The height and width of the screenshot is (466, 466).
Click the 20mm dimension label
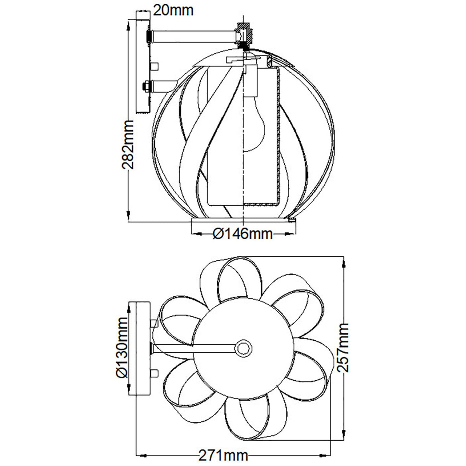(173, 10)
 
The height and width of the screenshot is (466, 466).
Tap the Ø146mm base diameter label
(243, 234)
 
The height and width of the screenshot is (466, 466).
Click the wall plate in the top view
(140, 348)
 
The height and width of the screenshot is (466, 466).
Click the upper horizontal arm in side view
(194, 37)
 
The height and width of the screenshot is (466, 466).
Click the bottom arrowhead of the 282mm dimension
(128, 216)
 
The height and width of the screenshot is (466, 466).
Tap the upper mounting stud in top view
(155, 322)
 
